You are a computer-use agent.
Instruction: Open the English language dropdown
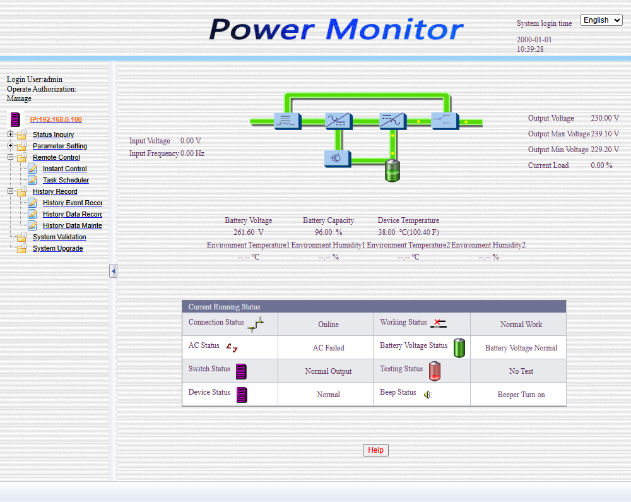[x=601, y=20]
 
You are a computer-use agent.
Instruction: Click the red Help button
[x=375, y=450]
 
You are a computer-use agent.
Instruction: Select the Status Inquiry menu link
[x=53, y=134]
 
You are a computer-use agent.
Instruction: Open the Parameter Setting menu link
[x=60, y=146]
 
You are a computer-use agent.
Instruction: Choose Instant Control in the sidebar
[x=64, y=169]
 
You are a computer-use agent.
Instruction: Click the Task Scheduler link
[x=66, y=180]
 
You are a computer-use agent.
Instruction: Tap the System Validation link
[x=59, y=237]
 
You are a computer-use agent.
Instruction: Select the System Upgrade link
[x=57, y=248]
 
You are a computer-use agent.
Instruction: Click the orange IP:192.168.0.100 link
[x=56, y=119]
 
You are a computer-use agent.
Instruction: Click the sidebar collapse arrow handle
[x=113, y=271]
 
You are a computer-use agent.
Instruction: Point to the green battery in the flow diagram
[x=392, y=171]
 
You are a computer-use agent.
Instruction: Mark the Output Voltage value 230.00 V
[x=604, y=118]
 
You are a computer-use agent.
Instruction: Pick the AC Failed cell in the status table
[x=328, y=348]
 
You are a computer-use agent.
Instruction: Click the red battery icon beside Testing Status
[x=434, y=371]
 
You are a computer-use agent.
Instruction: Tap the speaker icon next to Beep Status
[x=428, y=395]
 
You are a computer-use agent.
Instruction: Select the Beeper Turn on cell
[x=521, y=395]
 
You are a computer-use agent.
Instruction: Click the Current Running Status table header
[x=374, y=307]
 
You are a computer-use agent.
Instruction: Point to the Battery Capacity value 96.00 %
[x=328, y=232]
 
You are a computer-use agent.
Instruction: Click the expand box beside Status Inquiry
[x=10, y=134]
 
